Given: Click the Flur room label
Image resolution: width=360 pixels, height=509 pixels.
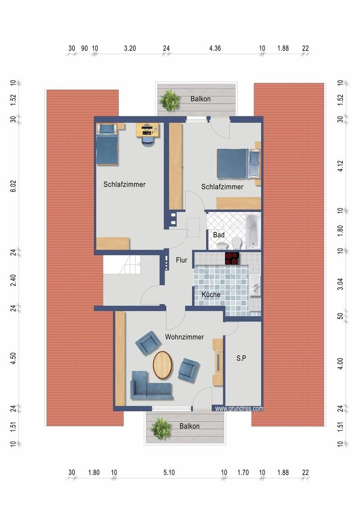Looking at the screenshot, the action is pos(181,260).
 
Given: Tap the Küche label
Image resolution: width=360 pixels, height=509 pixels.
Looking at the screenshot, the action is pos(211,295).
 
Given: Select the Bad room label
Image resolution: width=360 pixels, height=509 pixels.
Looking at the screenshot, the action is pos(219,235).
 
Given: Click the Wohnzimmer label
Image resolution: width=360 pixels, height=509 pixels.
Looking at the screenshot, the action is pos(184,337).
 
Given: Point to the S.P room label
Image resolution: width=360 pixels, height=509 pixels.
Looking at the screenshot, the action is pos(241,358).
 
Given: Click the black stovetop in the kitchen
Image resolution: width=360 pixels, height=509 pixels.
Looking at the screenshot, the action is pos(232,258).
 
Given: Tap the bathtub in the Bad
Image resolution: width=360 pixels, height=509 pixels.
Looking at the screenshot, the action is pos(253,231).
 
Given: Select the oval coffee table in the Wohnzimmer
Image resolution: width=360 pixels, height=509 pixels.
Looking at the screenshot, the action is pos(163,365).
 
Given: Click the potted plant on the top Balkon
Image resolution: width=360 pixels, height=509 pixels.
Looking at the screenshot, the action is pos(169,99).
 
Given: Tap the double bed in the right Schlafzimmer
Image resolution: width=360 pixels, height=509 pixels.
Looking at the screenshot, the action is pos(238,164).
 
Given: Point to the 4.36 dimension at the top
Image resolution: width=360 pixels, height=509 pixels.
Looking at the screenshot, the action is pos(215,49).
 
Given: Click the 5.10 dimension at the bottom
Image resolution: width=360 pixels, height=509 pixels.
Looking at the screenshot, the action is pos(169,473).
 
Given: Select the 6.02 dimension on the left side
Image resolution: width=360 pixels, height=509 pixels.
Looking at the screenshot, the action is pos(13,186).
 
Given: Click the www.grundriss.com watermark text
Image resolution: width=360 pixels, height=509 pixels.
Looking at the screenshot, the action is pos(239,409).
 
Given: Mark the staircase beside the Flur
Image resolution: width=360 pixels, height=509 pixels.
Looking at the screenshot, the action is pos(122,264).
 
